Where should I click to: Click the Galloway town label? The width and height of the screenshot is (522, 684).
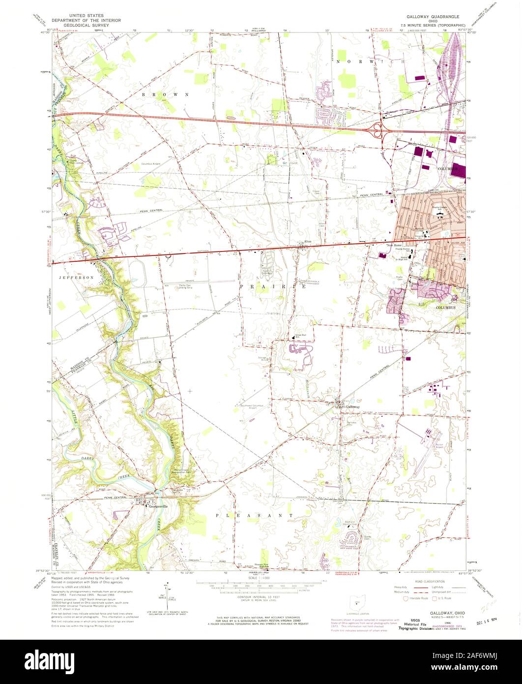pos(352,407)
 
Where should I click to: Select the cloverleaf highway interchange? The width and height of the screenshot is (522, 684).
pos(379,130)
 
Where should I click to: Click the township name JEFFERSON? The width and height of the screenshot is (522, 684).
pos(77,278)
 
